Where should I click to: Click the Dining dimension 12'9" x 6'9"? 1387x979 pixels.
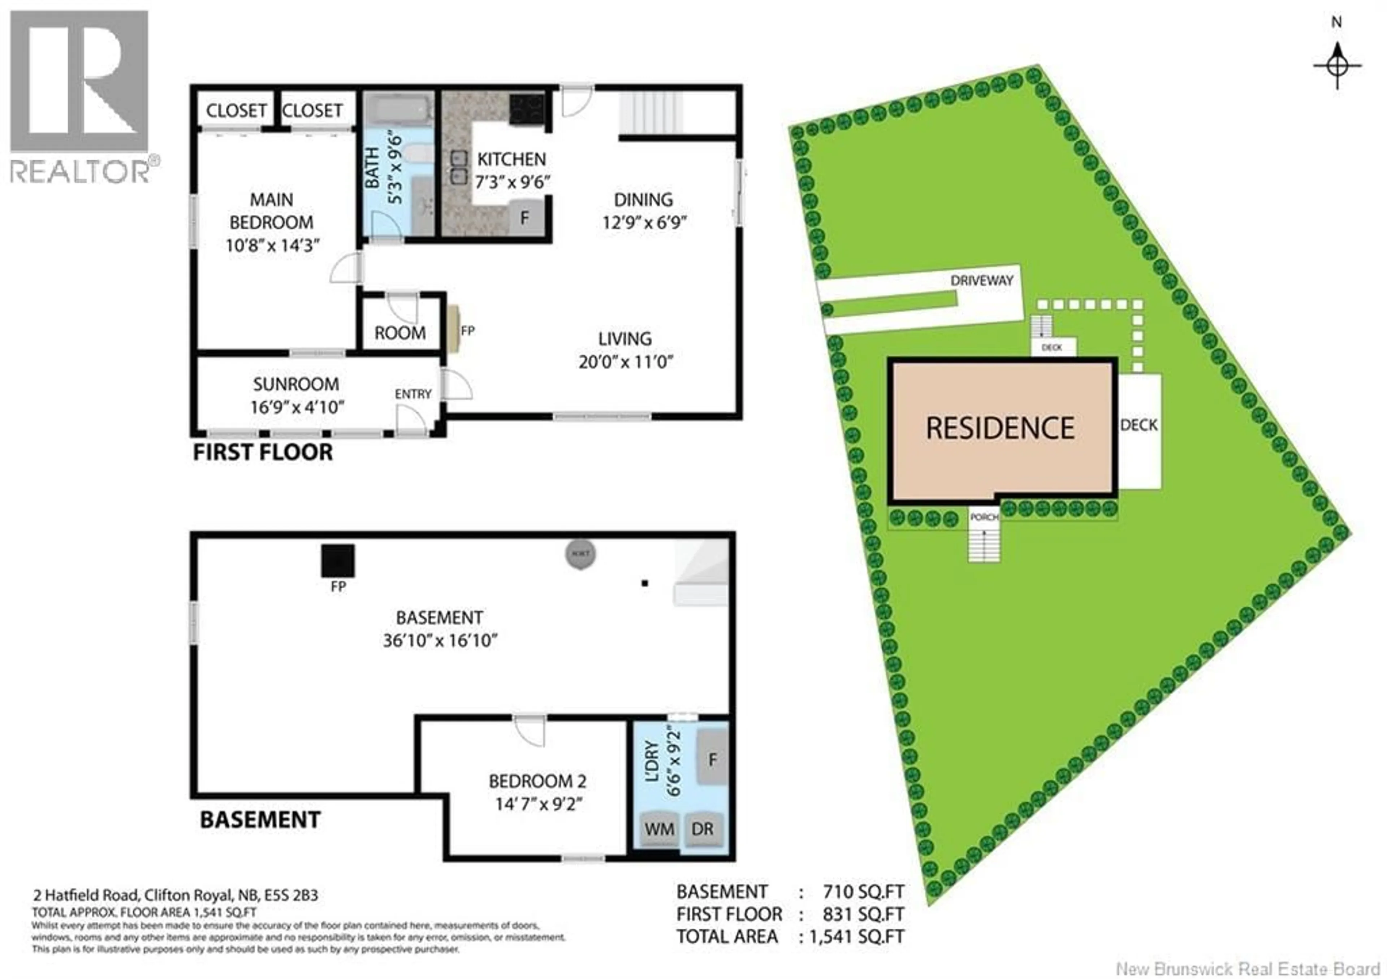point(644,222)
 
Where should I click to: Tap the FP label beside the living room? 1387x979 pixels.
point(467,331)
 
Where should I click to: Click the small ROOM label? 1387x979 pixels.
point(399,333)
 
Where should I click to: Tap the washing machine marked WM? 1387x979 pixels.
point(659,829)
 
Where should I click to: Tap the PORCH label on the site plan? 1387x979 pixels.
point(984,517)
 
